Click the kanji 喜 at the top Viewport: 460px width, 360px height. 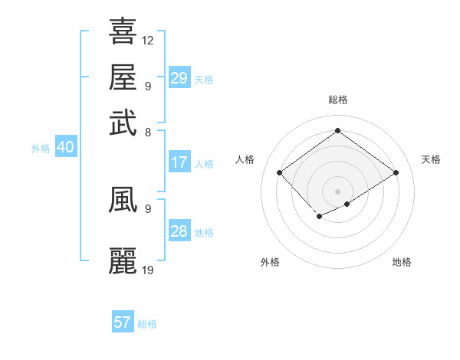123,32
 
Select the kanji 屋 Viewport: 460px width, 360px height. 123,77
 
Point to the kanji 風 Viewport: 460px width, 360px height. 123,200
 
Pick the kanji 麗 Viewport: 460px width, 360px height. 123,261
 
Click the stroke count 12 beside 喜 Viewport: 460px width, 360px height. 148,40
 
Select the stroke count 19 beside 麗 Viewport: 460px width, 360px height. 148,270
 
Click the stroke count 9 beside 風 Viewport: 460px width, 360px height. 147,208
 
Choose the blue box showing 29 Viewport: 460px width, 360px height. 179,78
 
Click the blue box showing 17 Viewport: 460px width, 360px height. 179,162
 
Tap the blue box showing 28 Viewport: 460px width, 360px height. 179,231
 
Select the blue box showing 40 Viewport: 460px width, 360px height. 65,147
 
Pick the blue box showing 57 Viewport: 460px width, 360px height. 122,322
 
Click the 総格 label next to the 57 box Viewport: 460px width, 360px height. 147,324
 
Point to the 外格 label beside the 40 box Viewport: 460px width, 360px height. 41,149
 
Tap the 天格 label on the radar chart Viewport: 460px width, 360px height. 431,159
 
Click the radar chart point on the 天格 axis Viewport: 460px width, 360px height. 396,173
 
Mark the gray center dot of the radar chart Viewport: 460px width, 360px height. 337,190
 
